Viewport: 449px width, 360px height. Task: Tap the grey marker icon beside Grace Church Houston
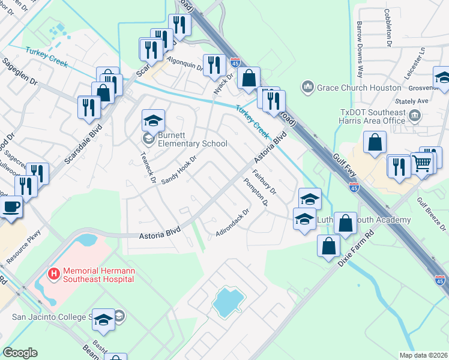pos(309,88)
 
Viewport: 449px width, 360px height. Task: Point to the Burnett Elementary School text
pos(192,143)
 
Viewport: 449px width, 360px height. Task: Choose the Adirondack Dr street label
pos(232,222)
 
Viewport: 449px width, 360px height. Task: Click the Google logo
pos(20,353)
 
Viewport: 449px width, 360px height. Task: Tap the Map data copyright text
pos(424,355)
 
